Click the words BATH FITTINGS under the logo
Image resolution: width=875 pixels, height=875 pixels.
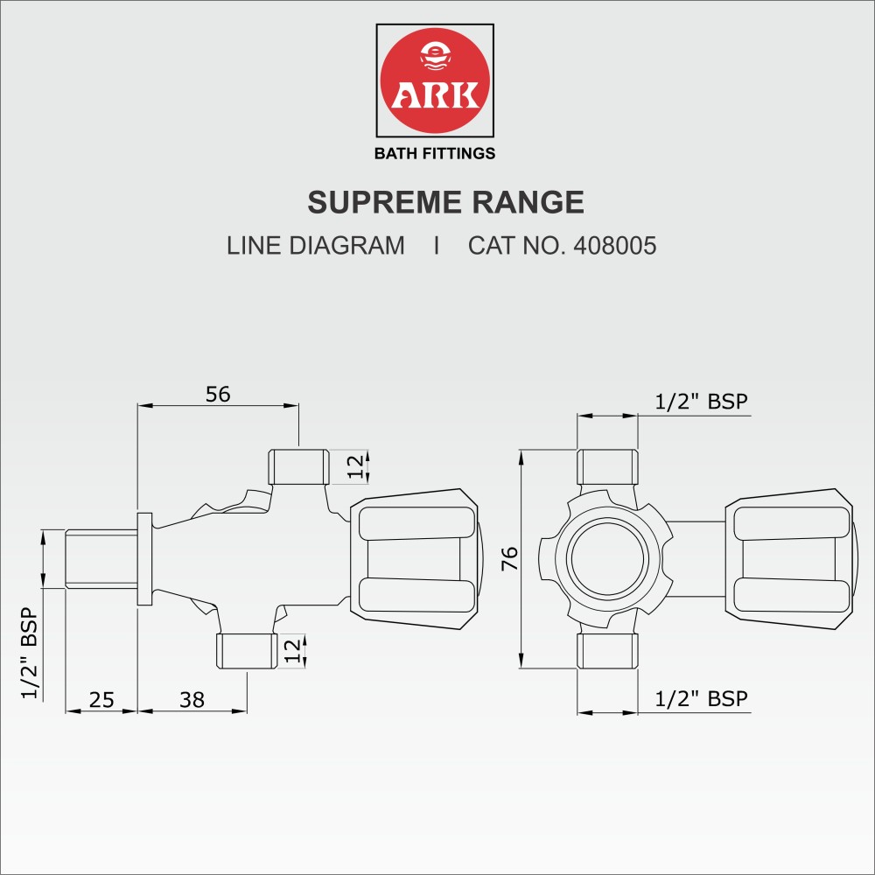(x=435, y=154)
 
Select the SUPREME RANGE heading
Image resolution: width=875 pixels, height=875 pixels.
(x=445, y=203)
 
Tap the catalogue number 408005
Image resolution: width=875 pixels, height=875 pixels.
(x=614, y=246)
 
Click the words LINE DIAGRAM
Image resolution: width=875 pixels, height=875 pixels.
(x=316, y=246)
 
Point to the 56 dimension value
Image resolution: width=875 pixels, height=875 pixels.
(x=218, y=395)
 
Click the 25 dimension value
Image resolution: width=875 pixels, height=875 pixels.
(x=101, y=699)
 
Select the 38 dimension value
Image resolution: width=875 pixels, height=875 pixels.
(x=192, y=699)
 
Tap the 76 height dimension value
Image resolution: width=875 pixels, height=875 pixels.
(x=510, y=558)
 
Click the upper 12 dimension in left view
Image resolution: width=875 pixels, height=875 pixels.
(x=353, y=466)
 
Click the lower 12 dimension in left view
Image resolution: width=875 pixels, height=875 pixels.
(x=293, y=650)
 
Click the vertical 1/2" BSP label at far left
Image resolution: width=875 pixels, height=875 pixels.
(x=28, y=653)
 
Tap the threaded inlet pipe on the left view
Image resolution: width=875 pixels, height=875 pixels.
(x=101, y=558)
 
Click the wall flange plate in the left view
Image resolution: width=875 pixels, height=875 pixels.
(x=144, y=558)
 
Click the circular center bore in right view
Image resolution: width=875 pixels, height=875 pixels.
(x=606, y=558)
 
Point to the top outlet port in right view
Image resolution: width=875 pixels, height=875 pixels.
(x=606, y=466)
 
